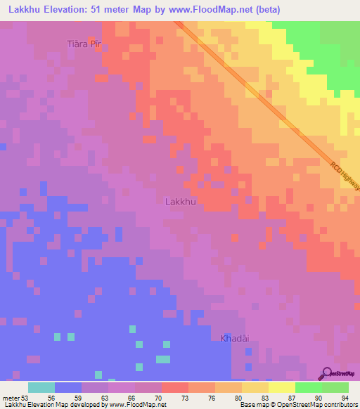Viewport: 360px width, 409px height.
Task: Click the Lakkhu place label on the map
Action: (x=180, y=202)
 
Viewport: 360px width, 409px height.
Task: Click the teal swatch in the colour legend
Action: (x=41, y=387)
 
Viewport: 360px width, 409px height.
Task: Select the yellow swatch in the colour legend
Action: (x=281, y=387)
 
